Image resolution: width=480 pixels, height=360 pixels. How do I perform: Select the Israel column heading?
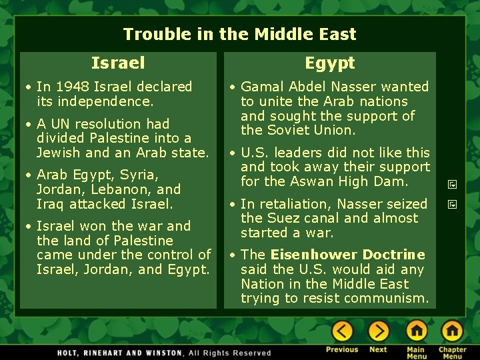click(118, 63)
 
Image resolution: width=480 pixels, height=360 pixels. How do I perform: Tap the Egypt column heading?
click(330, 63)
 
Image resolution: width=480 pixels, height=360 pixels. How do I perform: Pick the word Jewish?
click(58, 153)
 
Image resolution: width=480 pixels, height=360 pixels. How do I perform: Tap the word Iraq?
click(49, 204)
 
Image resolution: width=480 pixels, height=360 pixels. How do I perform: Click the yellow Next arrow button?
click(379, 331)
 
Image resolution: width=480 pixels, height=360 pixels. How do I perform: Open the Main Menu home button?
click(417, 331)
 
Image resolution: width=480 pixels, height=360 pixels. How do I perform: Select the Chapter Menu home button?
click(452, 331)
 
